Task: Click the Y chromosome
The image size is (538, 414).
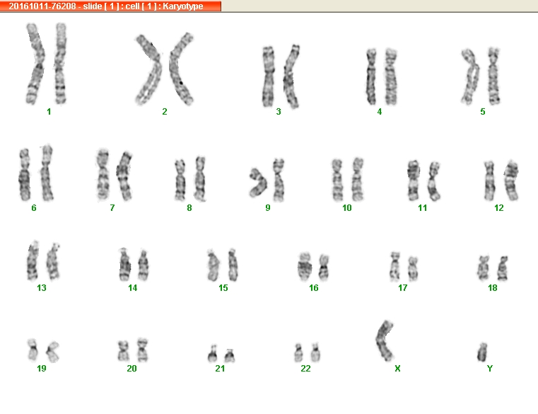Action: pos(482,352)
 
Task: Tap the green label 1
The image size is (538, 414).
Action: pos(49,112)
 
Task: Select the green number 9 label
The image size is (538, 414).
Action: pos(268,208)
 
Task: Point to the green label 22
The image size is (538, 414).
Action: pos(305,369)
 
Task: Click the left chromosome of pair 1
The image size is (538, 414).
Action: pos(35,64)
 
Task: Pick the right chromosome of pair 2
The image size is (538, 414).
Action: pos(181,69)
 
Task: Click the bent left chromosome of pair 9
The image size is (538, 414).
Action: pos(259,183)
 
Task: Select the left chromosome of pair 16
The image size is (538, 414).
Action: pos(304,267)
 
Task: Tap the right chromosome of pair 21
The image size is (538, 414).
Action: pos(230,356)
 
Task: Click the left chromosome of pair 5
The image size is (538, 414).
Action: pos(471,76)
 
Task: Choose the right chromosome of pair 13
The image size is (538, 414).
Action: pos(53,261)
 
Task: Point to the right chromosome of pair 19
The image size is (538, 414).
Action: pos(52,352)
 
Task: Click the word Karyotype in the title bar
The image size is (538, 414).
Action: pos(183,6)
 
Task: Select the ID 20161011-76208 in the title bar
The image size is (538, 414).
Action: pos(42,6)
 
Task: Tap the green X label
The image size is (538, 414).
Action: pos(397,369)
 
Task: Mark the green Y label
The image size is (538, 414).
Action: pos(490,369)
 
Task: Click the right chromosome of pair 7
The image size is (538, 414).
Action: pos(124,176)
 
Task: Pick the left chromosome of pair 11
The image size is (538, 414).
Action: pos(414,180)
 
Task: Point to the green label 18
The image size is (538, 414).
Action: pos(492,288)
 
